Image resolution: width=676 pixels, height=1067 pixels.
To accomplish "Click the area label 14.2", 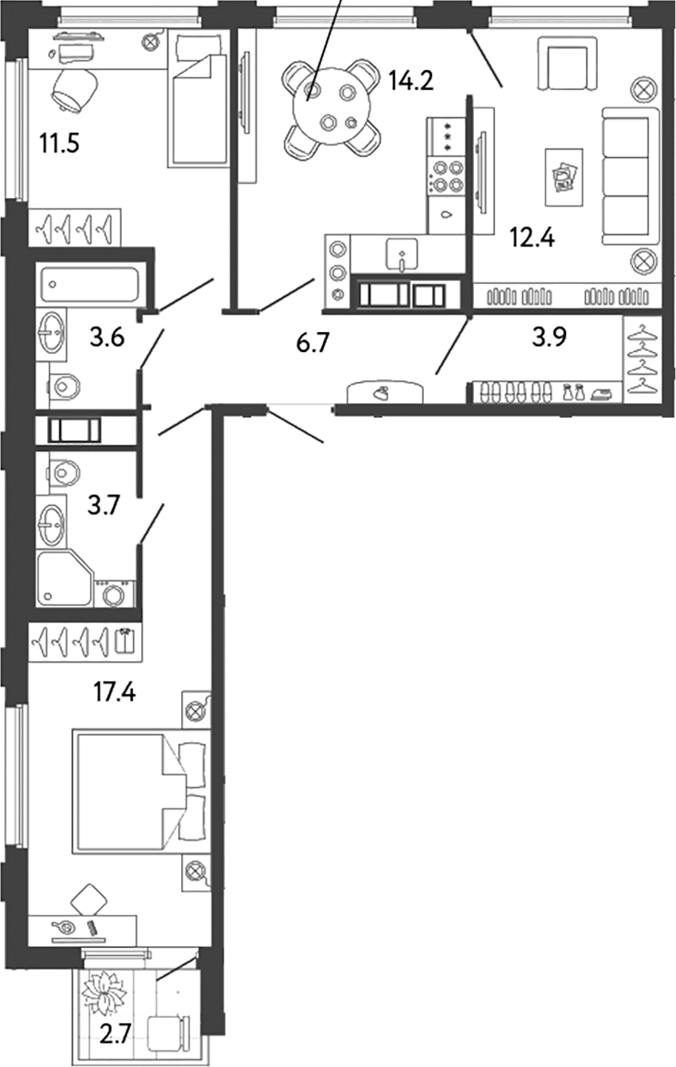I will coord(411,82).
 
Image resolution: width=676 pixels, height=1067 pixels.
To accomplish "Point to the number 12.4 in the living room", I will coord(532,240).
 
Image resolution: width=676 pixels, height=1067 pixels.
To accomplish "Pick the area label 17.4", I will coord(113,692).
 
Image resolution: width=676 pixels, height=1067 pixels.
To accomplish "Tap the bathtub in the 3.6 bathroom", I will coord(88,284).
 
